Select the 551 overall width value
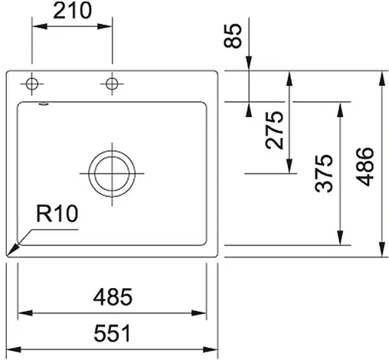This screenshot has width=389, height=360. pos(113,334)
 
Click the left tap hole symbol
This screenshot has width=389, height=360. pos(32,83)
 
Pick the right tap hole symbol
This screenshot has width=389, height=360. pos(113,83)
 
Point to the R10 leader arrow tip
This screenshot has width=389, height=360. pos(11,254)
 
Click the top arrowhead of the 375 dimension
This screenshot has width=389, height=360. pos(339,105)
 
